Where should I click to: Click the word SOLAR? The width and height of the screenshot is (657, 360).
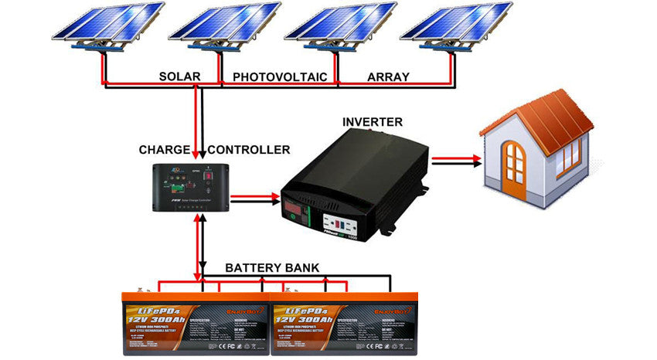(x=179, y=77)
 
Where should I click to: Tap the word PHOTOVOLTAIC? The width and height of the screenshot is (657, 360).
(x=280, y=77)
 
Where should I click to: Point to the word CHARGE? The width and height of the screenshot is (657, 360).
(x=164, y=149)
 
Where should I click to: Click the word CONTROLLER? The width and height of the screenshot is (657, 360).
(x=249, y=149)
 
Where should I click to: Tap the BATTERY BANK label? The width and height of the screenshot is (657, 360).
(x=272, y=268)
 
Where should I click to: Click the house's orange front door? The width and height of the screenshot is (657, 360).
(x=514, y=162)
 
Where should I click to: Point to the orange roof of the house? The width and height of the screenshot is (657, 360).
(x=541, y=116)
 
